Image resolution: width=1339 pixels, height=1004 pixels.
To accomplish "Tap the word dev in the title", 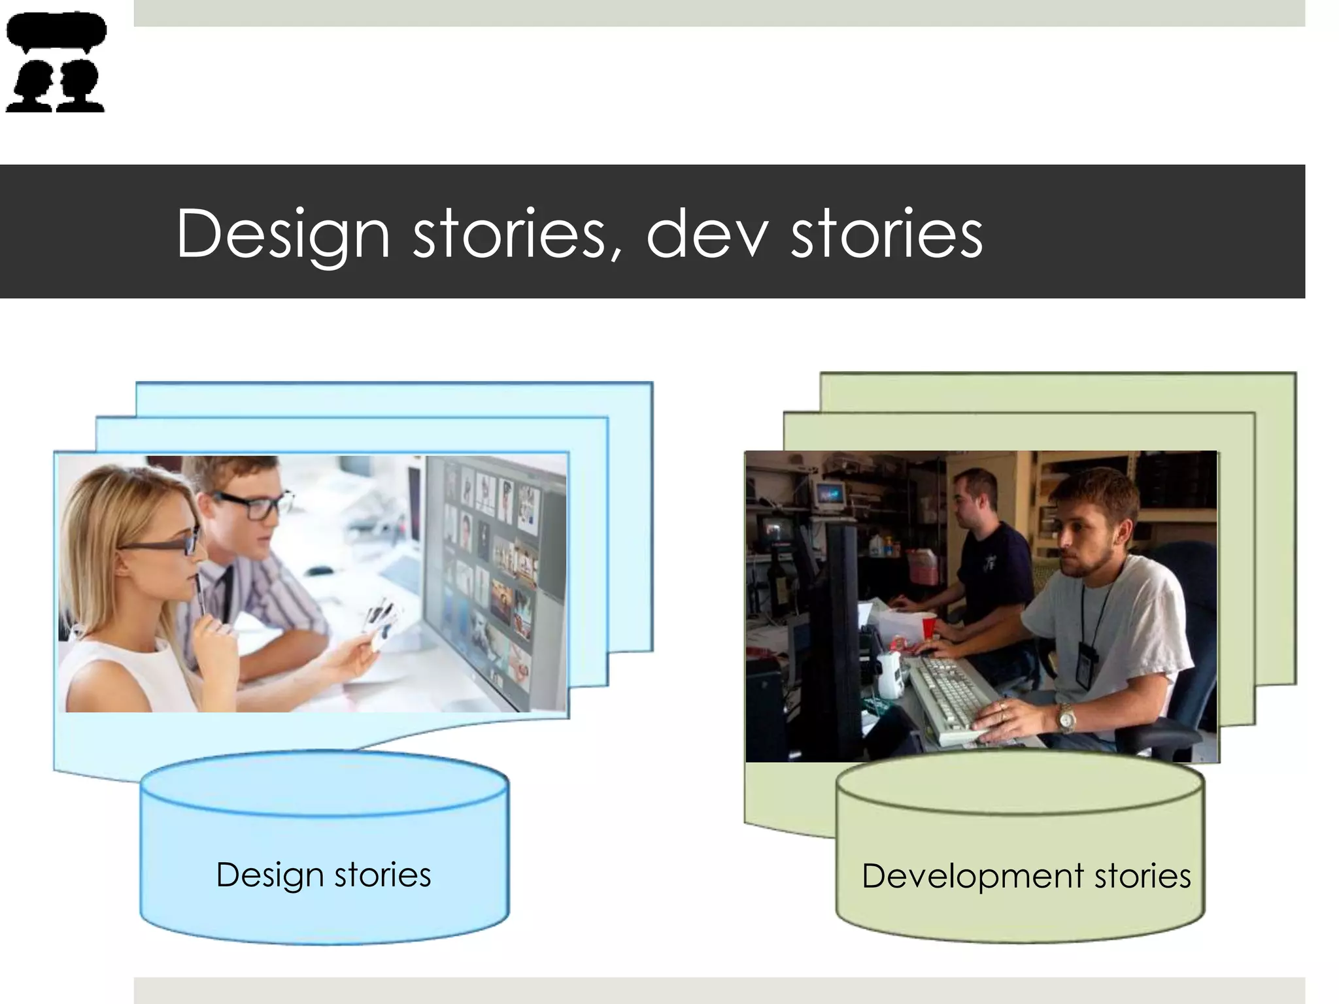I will (x=706, y=234).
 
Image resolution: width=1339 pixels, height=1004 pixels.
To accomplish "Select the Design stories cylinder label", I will (x=324, y=875).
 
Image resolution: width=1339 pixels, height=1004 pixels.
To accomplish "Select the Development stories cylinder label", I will (x=1026, y=876).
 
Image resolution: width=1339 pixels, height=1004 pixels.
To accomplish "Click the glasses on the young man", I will (x=252, y=504).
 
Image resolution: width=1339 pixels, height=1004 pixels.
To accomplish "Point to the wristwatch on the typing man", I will (x=1066, y=719).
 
